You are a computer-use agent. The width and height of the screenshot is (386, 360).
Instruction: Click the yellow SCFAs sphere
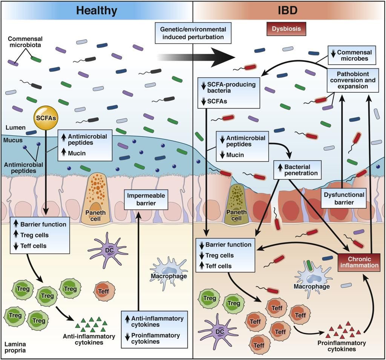coord(46,118)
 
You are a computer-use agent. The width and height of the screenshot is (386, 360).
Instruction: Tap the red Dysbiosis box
coord(286,29)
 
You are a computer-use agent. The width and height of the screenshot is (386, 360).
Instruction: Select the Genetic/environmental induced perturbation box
coord(193,33)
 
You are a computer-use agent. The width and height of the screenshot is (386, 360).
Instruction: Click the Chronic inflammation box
coord(359,262)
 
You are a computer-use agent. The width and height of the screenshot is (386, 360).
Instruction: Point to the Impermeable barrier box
coord(146,199)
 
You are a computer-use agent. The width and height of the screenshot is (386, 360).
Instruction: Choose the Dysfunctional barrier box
coord(344,198)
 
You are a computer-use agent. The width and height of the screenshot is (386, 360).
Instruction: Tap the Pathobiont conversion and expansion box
coord(353,80)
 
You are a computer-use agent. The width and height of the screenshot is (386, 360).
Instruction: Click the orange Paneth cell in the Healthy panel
coord(95,198)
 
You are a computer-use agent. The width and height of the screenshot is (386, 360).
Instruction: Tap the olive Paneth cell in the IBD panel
coord(236,204)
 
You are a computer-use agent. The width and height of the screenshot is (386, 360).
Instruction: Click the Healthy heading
coord(97,11)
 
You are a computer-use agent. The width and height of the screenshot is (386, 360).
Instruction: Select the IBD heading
coord(288,11)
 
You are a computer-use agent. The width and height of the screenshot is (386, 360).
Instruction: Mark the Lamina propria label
coord(15,347)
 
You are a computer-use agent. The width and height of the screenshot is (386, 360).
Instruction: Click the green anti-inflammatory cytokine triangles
coord(91,324)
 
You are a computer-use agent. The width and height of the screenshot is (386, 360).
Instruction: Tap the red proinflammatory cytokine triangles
coord(343,329)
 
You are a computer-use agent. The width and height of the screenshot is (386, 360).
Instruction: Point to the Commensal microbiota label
coord(25,42)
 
